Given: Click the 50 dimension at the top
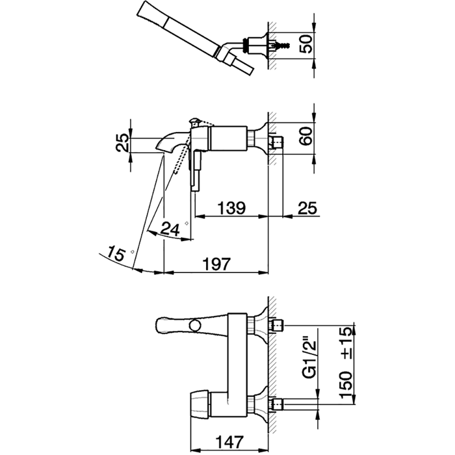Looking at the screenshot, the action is point(306,44).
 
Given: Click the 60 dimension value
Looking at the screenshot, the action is point(306,136).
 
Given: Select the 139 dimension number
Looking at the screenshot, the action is point(231,208).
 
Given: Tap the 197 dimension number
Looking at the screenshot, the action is point(216,264).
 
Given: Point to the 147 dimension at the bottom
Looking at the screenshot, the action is point(229,442).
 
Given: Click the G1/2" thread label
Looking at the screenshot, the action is point(309,357).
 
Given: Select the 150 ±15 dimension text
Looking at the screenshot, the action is point(346,362).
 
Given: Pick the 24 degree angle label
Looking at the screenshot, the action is point(170,229).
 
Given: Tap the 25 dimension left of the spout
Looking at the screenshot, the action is point(122,142).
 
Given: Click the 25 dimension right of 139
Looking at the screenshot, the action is point(307,208).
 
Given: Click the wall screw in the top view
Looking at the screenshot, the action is point(281,45).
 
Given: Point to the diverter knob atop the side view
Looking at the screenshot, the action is point(194,122).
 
